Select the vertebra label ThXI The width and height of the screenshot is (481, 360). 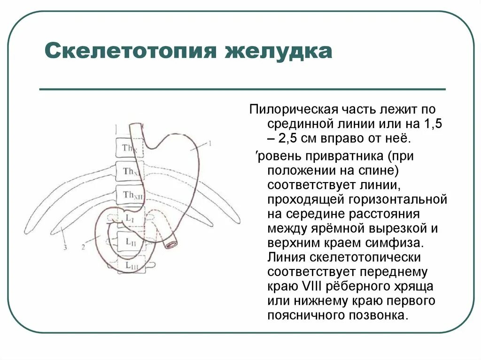pos(131,171)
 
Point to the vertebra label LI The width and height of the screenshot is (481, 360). pos(130,219)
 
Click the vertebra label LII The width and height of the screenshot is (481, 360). pos(130,242)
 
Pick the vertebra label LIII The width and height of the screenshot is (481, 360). pos(131,266)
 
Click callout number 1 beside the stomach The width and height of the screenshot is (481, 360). pos(210,143)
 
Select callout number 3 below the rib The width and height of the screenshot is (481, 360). pos(66,246)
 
